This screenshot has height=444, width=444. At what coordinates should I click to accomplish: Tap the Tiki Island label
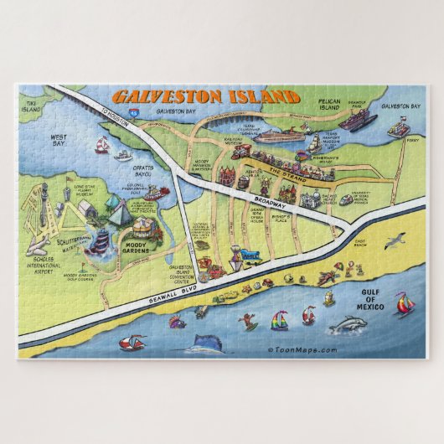click(x=31, y=106)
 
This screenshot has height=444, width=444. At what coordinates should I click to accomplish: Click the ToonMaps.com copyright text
click(x=302, y=350)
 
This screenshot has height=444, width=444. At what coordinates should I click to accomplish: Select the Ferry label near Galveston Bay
click(x=410, y=141)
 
